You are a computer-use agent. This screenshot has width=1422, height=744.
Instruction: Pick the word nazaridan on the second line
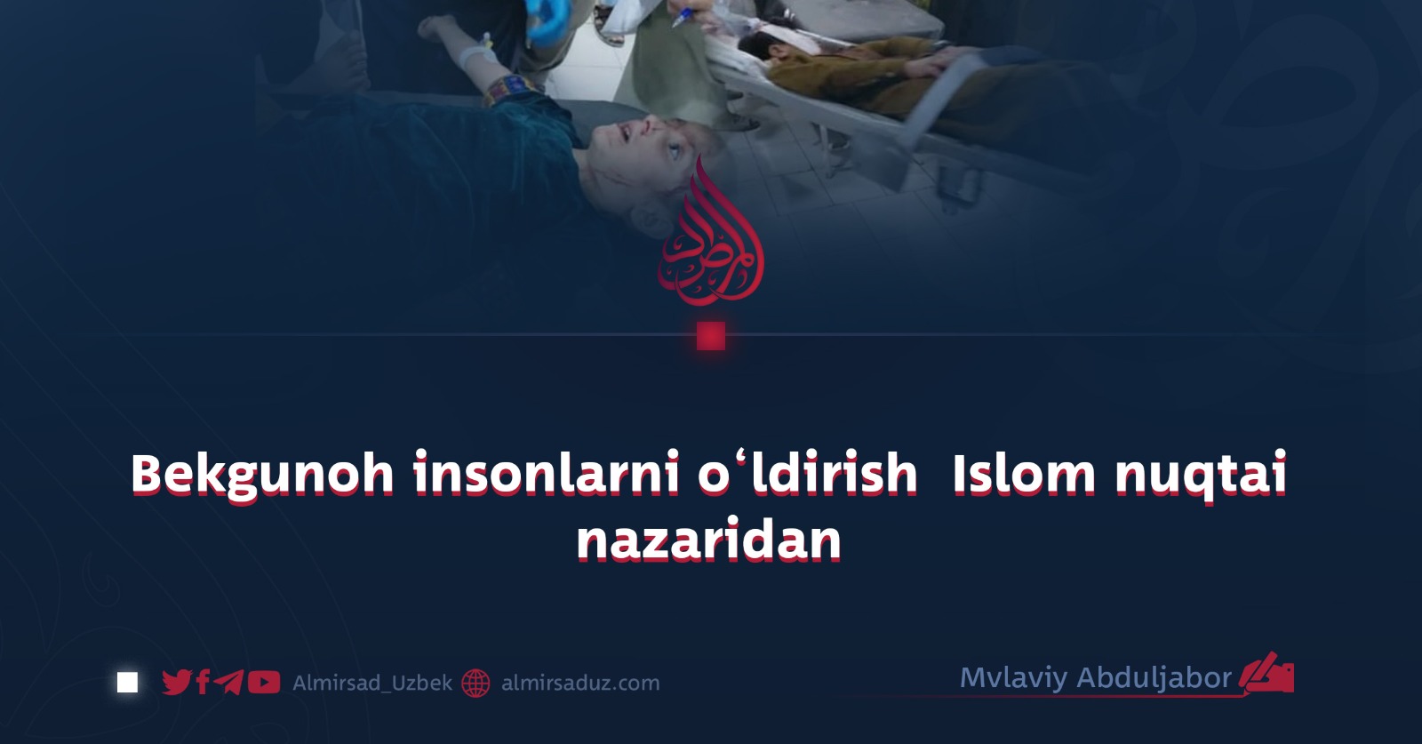(709, 540)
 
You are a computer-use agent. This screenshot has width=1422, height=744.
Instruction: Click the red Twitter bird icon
(177, 683)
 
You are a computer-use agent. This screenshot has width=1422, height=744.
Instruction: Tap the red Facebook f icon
(204, 683)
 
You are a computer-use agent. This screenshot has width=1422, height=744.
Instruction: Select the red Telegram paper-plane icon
(228, 683)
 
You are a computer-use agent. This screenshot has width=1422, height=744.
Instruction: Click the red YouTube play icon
(264, 683)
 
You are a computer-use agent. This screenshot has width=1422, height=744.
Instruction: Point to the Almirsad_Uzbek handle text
(372, 683)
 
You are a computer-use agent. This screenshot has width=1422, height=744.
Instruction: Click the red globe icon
(475, 683)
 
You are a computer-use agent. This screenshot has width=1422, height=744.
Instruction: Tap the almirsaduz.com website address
(581, 683)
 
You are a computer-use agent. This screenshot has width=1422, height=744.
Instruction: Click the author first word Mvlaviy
(1013, 678)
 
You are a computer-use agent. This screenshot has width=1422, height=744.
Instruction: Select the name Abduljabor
(1154, 677)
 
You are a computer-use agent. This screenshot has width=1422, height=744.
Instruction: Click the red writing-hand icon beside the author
(1266, 673)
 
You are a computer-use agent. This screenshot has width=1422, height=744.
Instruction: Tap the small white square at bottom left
(128, 683)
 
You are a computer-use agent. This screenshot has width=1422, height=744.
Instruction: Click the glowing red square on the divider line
(711, 336)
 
